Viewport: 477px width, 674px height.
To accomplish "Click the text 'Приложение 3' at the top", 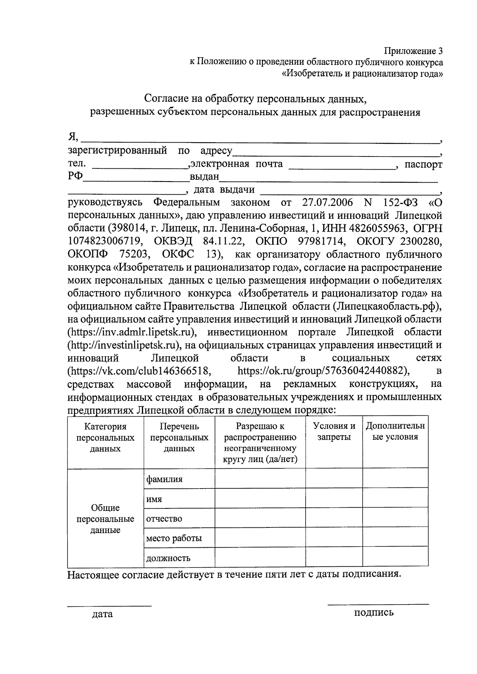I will (413, 51).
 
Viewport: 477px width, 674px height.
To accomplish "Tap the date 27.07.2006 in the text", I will (327, 203).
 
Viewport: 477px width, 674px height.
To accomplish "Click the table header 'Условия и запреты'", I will (334, 432).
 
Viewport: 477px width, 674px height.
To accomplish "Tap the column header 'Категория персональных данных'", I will (105, 437).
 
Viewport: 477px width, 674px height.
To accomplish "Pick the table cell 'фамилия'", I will (164, 479).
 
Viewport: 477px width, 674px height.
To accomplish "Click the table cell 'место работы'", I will (174, 538).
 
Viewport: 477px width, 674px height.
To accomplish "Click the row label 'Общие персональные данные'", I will (105, 519).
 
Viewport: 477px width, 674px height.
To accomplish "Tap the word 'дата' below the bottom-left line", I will (102, 614).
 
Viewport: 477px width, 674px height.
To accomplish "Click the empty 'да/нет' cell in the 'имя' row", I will (260, 498).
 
